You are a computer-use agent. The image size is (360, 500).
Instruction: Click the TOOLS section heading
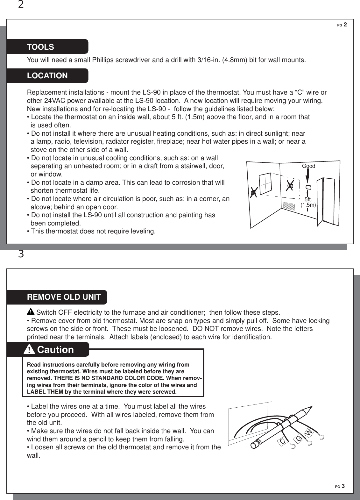[40, 47]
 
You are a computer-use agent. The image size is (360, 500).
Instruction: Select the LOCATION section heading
[47, 76]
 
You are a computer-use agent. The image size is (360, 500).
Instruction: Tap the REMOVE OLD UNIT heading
[64, 297]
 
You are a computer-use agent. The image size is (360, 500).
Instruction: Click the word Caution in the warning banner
[55, 350]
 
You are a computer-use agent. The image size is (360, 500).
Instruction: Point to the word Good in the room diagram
[308, 166]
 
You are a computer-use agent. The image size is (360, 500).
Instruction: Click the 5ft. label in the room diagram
[308, 199]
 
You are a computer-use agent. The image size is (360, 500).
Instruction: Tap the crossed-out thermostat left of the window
[254, 193]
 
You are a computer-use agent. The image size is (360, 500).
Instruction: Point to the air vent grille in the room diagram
[289, 205]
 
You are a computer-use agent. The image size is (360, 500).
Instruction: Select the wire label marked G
[299, 439]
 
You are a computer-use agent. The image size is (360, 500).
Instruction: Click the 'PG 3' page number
[341, 486]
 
